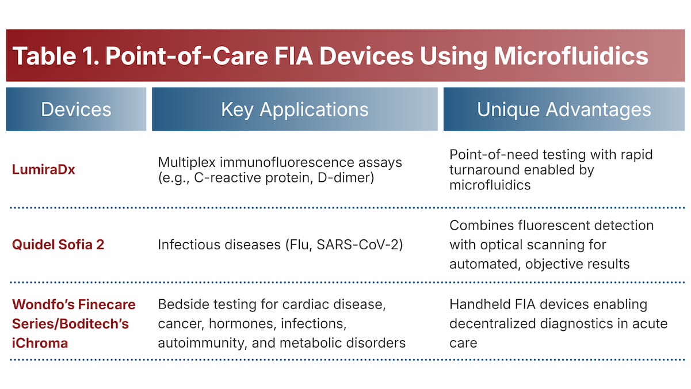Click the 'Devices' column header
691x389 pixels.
click(x=76, y=109)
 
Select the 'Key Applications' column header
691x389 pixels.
click(x=295, y=109)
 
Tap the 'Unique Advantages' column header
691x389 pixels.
click(x=564, y=109)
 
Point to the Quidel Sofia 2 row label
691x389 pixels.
click(x=58, y=245)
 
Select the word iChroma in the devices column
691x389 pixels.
click(x=40, y=344)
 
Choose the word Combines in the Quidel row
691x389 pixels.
click(x=476, y=225)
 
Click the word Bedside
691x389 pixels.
click(x=180, y=304)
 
